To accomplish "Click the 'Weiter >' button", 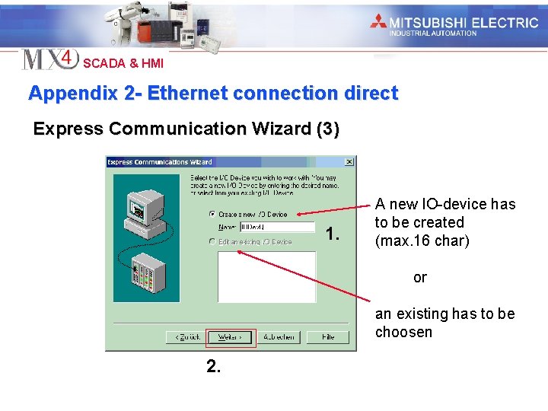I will pos(231,337).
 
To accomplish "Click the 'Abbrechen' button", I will pos(281,337).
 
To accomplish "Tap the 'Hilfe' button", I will pos(328,337).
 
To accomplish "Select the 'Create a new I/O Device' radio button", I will pos(212,215).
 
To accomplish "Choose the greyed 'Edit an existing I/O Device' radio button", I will pos(212,242).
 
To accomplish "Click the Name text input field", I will pos(277,227).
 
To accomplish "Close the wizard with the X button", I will pos(349,162).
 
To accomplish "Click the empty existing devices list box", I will pos(266,276).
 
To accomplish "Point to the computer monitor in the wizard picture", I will pos(140,208).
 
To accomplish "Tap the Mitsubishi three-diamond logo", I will pos(378,21).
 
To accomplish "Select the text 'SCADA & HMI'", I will pos(123,64).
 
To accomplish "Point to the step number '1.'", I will pos(332,234).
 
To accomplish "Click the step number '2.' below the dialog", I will pos(214,367).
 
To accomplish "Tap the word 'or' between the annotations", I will pos(420,278).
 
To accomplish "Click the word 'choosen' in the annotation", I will pos(403,333).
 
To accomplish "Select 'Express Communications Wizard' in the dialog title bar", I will pos(160,162).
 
